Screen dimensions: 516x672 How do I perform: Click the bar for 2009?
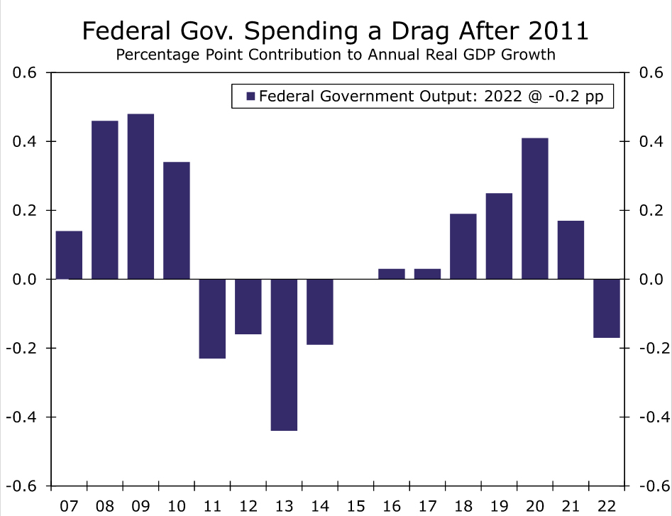pos(141,197)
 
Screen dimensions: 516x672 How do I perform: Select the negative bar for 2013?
pos(285,355)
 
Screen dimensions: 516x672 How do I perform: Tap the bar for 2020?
pos(535,209)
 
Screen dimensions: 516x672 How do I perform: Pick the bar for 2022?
pos(607,309)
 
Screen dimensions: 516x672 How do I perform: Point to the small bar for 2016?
pos(392,274)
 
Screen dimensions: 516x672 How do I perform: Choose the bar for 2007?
pos(69,255)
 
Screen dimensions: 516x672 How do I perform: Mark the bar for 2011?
pos(212,319)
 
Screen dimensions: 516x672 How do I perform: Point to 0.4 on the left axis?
pos(27,142)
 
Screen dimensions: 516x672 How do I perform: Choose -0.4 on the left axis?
pos(24,417)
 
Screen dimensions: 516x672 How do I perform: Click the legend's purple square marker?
pos(250,97)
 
